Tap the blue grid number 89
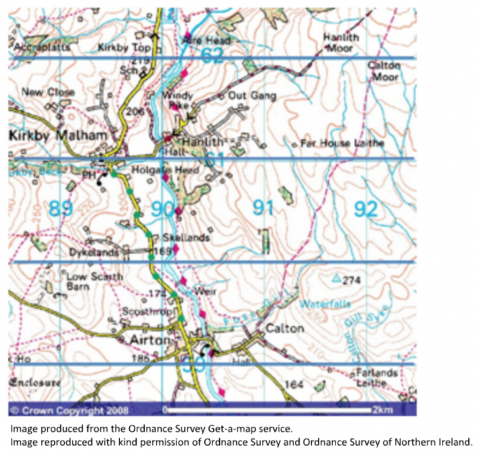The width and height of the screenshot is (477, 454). pyautogui.click(x=60, y=208)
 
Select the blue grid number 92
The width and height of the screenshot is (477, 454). pyautogui.click(x=365, y=208)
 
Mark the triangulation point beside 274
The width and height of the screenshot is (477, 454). pyautogui.click(x=336, y=277)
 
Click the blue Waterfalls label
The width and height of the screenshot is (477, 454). pyautogui.click(x=323, y=305)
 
